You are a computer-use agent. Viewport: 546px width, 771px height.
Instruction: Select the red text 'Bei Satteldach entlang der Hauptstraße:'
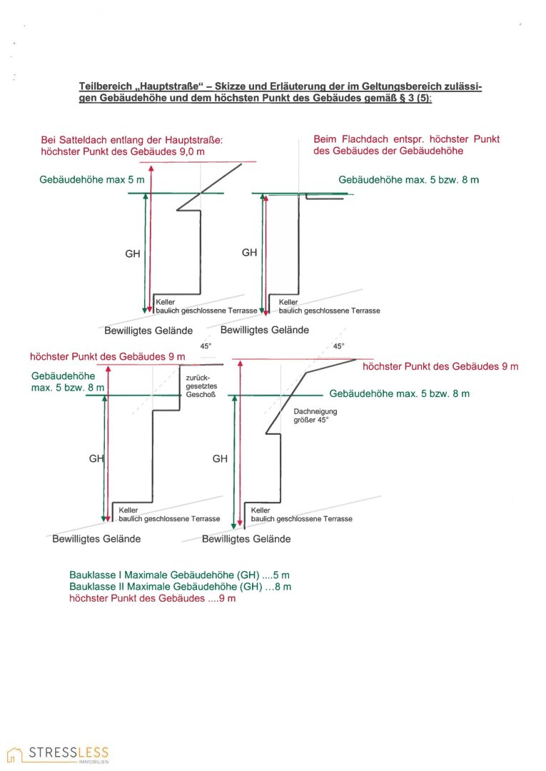point(133,141)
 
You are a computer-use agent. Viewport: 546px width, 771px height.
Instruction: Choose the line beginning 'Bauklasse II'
point(180,587)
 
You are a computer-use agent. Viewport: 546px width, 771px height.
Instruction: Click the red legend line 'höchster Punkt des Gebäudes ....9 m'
point(152,598)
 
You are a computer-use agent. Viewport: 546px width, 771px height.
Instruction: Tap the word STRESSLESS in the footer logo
point(69,752)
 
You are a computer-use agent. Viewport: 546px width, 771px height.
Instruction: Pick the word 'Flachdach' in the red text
point(364,138)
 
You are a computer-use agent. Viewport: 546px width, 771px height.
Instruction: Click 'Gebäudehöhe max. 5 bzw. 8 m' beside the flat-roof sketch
point(408,180)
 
